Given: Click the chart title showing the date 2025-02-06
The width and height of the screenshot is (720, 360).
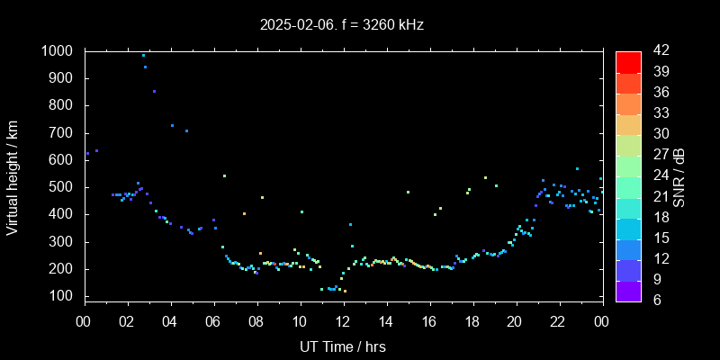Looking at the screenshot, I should [341, 25].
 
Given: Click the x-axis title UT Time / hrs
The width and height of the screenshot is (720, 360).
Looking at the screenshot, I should [343, 346].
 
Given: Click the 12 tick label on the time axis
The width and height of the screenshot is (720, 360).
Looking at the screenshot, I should [343, 322].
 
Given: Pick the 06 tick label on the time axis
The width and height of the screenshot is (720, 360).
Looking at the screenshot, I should [213, 322].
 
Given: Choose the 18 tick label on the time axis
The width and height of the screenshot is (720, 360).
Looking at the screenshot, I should [472, 322].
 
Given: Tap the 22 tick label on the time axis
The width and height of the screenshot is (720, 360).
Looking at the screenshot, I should [558, 322].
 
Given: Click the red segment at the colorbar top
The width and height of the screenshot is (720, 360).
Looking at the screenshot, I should [628, 61].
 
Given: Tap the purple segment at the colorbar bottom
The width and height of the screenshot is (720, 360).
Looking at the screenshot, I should [628, 289].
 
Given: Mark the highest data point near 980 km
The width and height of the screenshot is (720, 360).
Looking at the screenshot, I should [143, 55].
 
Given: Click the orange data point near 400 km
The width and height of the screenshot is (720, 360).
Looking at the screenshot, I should [244, 213].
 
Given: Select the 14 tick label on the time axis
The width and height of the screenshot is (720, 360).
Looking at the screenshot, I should [386, 322].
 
